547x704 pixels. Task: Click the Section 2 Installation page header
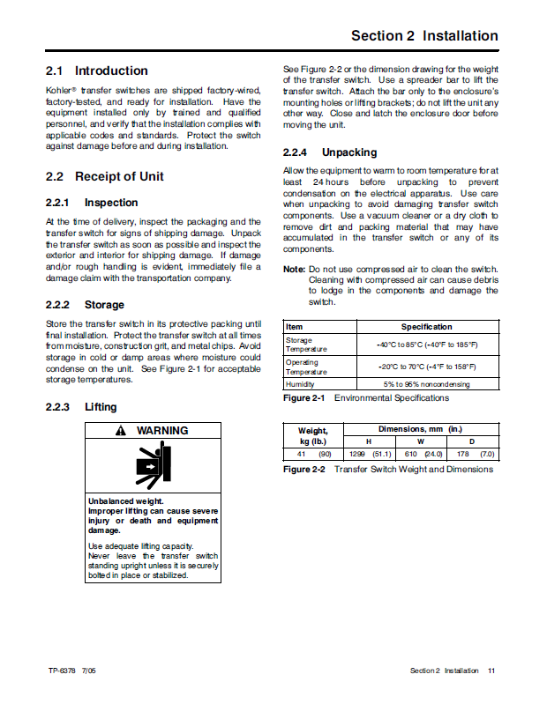[x=424, y=36]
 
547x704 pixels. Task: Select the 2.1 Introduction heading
[x=97, y=70]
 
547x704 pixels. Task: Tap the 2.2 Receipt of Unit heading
[x=105, y=176]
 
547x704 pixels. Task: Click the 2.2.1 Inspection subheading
[x=92, y=203]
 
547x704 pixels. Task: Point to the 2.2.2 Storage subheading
[x=85, y=305]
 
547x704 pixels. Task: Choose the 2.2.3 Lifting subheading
[x=81, y=408]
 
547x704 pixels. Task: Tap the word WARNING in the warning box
[x=161, y=431]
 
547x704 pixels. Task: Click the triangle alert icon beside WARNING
[x=121, y=431]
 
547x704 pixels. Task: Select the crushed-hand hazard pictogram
[x=153, y=465]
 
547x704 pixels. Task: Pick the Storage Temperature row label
[x=300, y=345]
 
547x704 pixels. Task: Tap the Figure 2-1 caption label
[x=304, y=398]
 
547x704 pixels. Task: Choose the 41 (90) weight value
[x=308, y=454]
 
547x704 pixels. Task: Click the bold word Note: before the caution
[x=294, y=270]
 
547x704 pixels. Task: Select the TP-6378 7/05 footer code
[x=72, y=671]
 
